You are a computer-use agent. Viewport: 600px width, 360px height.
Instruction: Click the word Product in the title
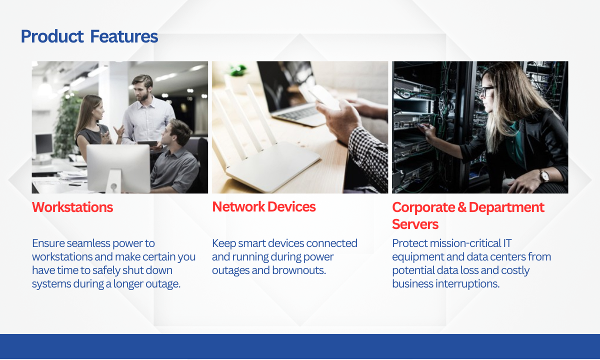pyautogui.click(x=52, y=36)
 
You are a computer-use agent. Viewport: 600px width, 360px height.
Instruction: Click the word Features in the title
pyautogui.click(x=124, y=36)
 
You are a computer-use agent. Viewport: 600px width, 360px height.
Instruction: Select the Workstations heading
pyautogui.click(x=72, y=207)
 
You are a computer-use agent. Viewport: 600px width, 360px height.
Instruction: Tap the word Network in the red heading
pyautogui.click(x=238, y=206)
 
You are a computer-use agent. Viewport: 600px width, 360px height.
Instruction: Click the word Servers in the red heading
pyautogui.click(x=415, y=224)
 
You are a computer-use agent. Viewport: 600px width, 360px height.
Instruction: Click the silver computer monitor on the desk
pyautogui.click(x=118, y=169)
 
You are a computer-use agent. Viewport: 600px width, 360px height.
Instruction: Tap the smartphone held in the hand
pyautogui.click(x=323, y=97)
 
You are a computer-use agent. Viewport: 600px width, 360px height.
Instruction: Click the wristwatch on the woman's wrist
pyautogui.click(x=544, y=176)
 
